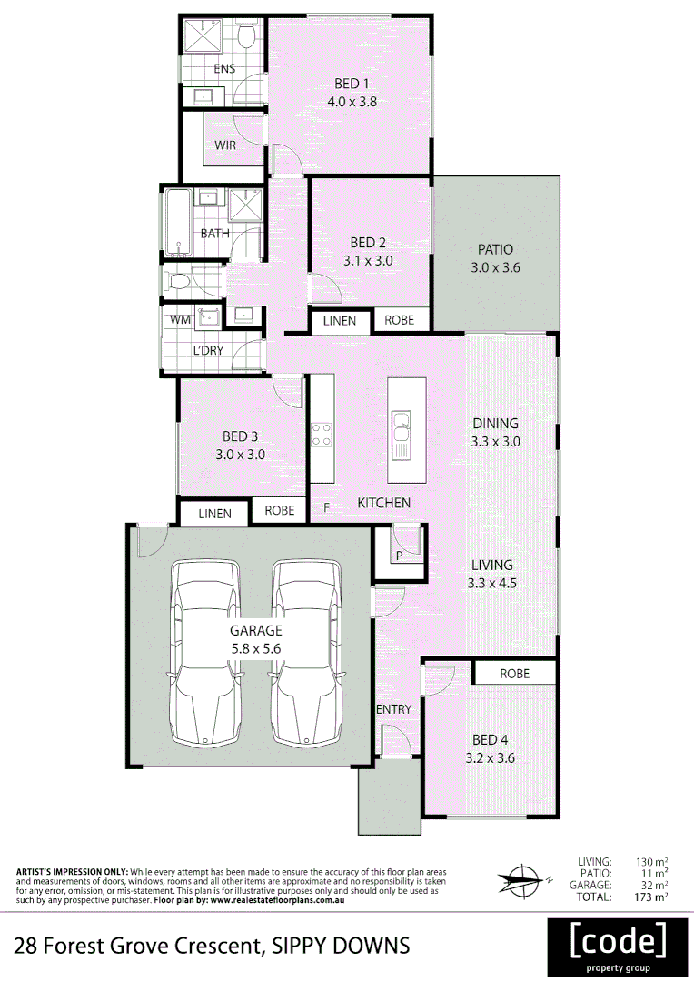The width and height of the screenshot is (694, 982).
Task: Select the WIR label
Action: pos(225,145)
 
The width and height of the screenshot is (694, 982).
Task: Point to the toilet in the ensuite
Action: pos(245,36)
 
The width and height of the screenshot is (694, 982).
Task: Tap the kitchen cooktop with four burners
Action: pos(322,434)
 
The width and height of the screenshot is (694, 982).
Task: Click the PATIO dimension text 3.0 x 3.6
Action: pos(494,268)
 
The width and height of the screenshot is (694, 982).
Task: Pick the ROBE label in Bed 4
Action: pos(513,674)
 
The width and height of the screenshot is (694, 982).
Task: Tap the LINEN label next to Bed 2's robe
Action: pos(341,321)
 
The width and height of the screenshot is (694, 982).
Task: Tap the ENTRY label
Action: pos(393,709)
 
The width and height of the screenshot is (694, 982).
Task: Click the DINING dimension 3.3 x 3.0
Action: pos(494,442)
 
